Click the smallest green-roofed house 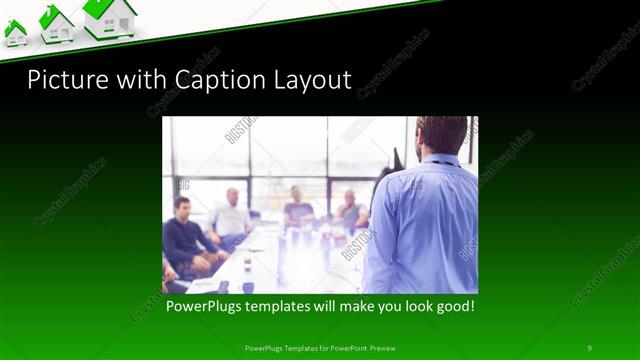click(15, 33)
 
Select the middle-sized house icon click(56, 24)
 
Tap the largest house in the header click(110, 19)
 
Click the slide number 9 click(589, 347)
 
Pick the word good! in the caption click(452, 305)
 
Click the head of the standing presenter click(442, 134)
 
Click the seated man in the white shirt click(232, 215)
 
